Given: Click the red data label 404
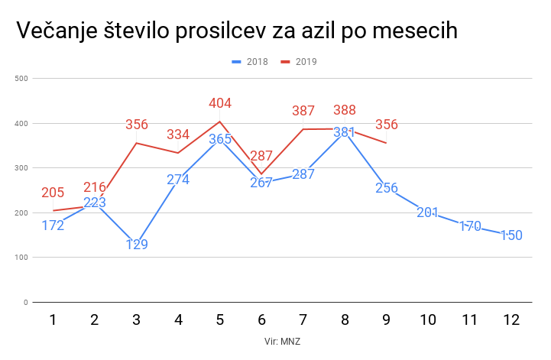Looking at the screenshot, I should coord(220,103).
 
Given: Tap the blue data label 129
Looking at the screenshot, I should coord(137,245).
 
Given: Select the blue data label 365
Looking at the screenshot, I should coord(220,139).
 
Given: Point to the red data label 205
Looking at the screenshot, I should coord(53,193).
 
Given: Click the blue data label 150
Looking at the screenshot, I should coord(511,235).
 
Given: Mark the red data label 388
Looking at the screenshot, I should coord(345,110).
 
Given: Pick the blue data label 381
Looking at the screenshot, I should coord(345,131).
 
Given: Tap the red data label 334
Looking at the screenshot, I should coord(178,135).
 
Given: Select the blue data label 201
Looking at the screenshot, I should coord(428,212).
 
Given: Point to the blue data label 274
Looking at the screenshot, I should coord(178,180).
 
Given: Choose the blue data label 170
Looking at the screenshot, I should coord(470,226).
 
